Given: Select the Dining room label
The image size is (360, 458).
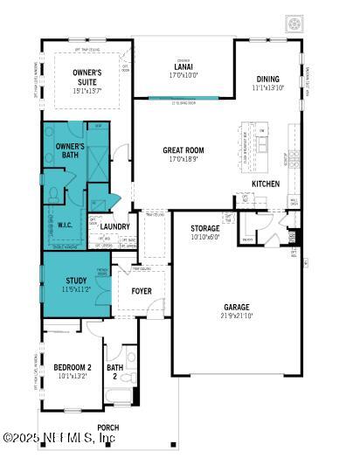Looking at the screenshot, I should (x=268, y=79).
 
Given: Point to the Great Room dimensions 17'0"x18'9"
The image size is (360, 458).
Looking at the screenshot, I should (x=183, y=159).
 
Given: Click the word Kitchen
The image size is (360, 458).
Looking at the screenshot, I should (x=266, y=184).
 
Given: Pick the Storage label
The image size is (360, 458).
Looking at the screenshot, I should (x=206, y=228).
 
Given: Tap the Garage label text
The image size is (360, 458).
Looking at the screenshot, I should (x=236, y=307).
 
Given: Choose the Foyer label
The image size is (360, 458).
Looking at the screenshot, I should (x=142, y=291).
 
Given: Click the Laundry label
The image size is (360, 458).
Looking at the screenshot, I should (x=114, y=226).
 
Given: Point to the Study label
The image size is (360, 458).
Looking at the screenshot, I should (x=76, y=281).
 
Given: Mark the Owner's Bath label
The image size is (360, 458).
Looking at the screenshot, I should (x=70, y=150).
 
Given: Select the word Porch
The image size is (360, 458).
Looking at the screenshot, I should (x=109, y=427).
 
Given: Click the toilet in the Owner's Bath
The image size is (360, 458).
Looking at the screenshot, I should (x=54, y=193).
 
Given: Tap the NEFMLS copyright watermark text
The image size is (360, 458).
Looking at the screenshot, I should (x=59, y=437).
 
